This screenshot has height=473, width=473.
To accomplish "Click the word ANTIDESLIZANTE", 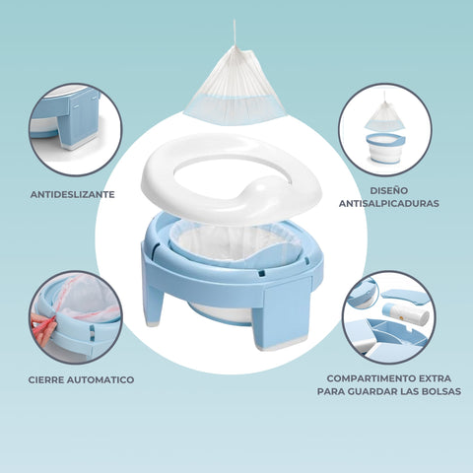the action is tap(73, 194).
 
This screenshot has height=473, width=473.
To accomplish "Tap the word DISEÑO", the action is tap(389, 190).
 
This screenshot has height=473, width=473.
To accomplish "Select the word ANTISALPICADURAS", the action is tap(389, 203).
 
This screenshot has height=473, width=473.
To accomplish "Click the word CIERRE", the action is tap(45, 380).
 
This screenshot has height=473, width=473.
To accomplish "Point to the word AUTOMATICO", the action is tap(101, 380).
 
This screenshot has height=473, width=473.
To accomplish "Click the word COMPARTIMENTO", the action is tap(372, 378).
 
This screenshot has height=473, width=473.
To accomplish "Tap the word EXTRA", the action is tap(435, 378).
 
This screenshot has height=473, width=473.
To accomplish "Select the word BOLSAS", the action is tap(441, 391).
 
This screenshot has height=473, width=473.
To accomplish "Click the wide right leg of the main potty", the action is tap(285, 313).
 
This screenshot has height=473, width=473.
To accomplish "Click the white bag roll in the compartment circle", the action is tap(406, 313).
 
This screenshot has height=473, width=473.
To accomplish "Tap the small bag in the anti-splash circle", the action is tap(384, 114).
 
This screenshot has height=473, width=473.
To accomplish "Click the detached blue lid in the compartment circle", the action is tap(403, 295).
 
